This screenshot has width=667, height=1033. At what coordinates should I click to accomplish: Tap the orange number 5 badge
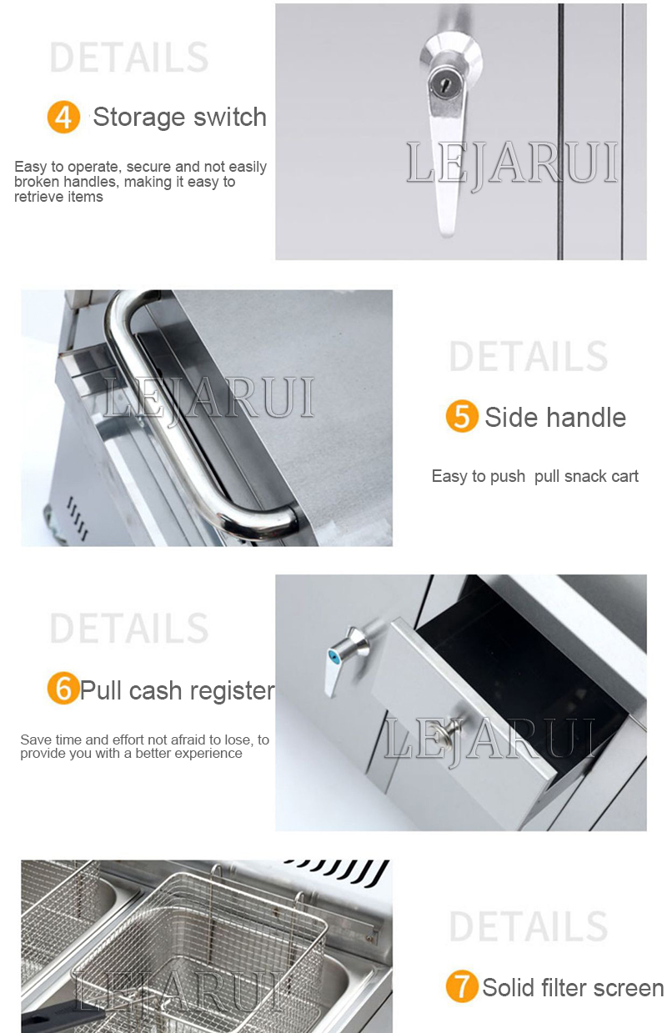click(x=462, y=416)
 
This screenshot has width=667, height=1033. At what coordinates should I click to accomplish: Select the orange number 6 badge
click(x=63, y=688)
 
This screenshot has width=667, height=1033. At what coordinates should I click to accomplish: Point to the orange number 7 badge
click(x=462, y=986)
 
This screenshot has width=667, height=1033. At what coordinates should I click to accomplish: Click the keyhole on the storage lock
click(x=444, y=84)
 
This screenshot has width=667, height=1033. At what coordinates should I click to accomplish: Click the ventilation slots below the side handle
click(x=77, y=518)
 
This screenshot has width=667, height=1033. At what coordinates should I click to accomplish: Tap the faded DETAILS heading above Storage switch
click(x=129, y=58)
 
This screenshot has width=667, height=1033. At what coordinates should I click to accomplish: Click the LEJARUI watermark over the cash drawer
click(x=489, y=739)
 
